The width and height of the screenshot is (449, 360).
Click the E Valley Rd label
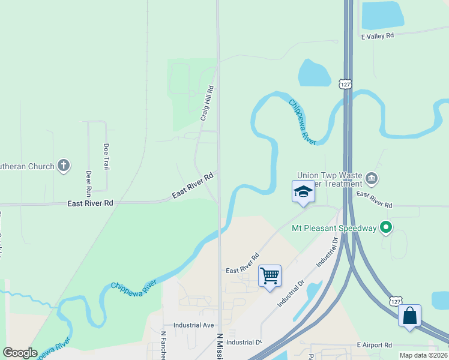pyautogui.click(x=377, y=36)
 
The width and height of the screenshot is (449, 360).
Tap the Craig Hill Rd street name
pyautogui.click(x=206, y=103)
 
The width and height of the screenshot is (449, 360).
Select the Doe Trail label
pyautogui.click(x=106, y=155)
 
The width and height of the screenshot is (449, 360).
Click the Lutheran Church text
pyautogui.click(x=26, y=166)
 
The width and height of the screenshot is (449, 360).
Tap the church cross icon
pyautogui.click(x=64, y=166)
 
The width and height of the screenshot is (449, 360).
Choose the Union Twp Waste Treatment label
pyautogui.click(x=329, y=179)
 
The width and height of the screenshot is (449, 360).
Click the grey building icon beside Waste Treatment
pyautogui.click(x=372, y=179)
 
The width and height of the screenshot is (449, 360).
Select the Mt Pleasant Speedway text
pyautogui.click(x=333, y=228)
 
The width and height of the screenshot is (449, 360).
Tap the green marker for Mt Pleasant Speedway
pyautogui.click(x=386, y=227)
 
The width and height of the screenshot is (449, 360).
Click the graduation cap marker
pyautogui.click(x=303, y=192)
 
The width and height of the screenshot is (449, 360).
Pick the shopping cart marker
pyautogui.click(x=270, y=276)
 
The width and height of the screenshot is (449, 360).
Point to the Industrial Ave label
pyautogui.click(x=193, y=325)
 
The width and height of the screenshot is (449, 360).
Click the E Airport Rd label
pyautogui.click(x=374, y=345)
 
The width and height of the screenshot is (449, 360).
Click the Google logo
pyautogui.click(x=20, y=353)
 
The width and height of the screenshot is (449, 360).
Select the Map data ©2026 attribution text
pyautogui.click(x=423, y=355)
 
